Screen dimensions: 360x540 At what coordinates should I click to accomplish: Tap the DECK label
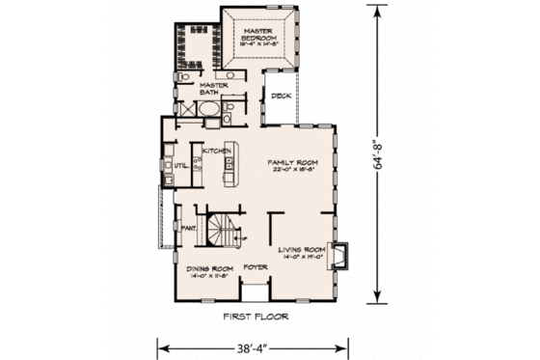coord(281,97)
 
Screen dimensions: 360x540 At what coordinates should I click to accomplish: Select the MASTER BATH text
coord(212,89)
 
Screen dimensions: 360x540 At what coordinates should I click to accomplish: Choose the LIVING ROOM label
coord(303,250)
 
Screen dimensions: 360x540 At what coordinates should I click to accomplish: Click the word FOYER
coord(255,267)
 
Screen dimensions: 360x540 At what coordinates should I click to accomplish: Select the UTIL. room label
coord(178,165)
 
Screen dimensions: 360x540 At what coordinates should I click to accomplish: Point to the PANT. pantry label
coord(188,228)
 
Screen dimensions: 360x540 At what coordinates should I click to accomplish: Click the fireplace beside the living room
coord(343,254)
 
